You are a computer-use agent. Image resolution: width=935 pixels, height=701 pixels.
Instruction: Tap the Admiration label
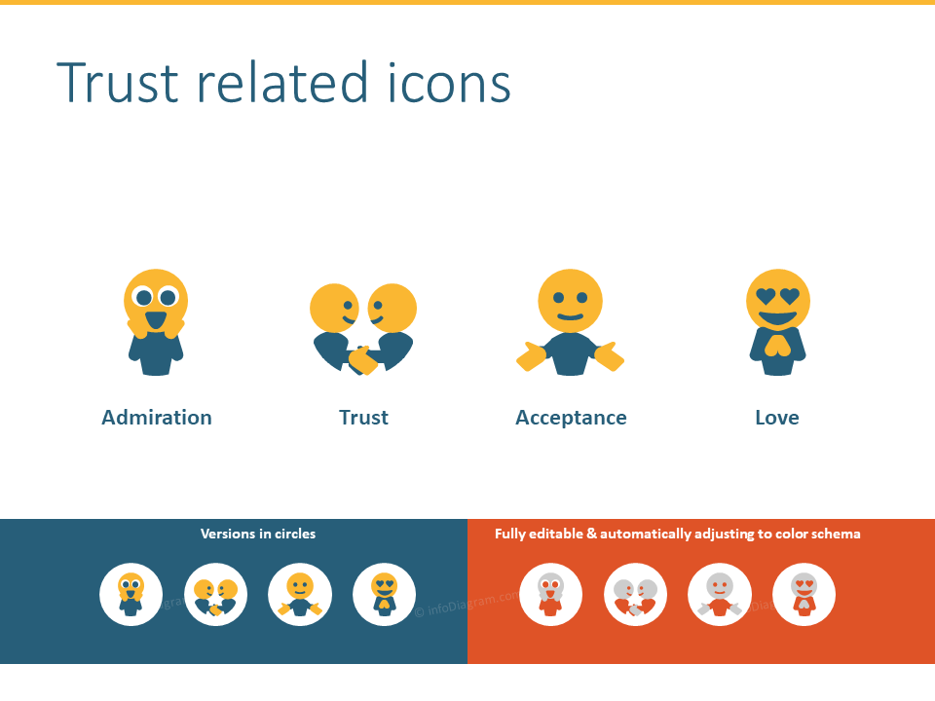click(x=157, y=418)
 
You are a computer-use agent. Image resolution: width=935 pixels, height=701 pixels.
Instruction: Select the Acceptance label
click(x=571, y=418)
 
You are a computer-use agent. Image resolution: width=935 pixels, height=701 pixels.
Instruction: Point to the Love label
click(x=777, y=418)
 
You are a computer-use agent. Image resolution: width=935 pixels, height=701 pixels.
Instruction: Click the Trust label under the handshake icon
click(x=363, y=418)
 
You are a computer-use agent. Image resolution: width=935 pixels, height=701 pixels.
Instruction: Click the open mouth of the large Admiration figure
click(x=156, y=319)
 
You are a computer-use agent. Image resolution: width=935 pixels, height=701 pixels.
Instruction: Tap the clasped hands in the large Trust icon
click(x=362, y=359)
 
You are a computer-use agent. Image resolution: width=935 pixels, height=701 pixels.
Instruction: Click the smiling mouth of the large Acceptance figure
click(x=570, y=316)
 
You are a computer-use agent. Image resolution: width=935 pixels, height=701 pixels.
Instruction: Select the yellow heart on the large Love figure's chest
click(x=777, y=346)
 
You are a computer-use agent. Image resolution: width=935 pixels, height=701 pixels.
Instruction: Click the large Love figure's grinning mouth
click(x=778, y=318)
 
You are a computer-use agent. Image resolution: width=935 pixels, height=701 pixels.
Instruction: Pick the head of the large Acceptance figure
click(x=570, y=301)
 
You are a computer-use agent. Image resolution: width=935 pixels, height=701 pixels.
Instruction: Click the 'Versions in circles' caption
click(x=258, y=534)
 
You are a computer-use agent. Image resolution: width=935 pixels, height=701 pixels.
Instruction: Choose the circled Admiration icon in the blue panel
click(x=131, y=594)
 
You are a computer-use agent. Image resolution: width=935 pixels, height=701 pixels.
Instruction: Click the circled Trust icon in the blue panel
click(x=216, y=594)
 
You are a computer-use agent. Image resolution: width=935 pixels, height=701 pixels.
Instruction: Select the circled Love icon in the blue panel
click(x=385, y=594)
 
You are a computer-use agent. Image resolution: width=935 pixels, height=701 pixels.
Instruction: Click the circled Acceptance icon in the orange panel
click(x=720, y=594)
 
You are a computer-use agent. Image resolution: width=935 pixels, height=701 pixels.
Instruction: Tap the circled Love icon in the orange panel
click(x=804, y=594)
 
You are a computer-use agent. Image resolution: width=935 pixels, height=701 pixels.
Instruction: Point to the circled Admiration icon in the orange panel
click(x=551, y=594)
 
